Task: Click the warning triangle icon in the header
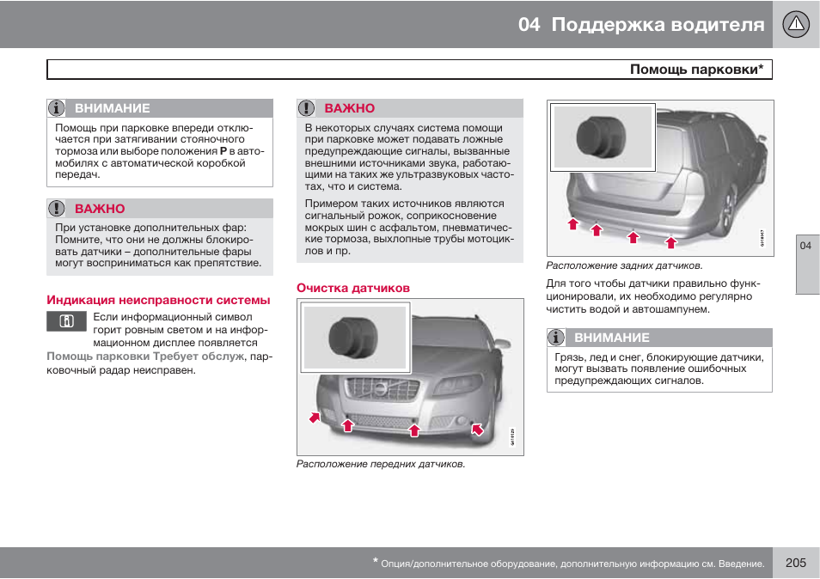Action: (796, 24)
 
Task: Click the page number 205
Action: (795, 563)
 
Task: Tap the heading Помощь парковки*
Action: (696, 70)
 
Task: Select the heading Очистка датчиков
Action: (353, 288)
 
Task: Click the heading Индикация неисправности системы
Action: (158, 300)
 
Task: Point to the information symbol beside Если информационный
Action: (66, 322)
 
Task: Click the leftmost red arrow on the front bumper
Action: (315, 417)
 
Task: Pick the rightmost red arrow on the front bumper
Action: (478, 428)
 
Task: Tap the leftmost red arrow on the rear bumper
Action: (572, 224)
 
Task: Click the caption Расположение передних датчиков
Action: (381, 464)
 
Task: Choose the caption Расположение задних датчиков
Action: (624, 265)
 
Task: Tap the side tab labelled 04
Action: (806, 247)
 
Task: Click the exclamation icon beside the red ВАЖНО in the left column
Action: (57, 209)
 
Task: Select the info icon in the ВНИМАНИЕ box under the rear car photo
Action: (557, 338)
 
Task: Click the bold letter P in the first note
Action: (223, 151)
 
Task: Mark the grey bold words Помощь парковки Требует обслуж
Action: (145, 356)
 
